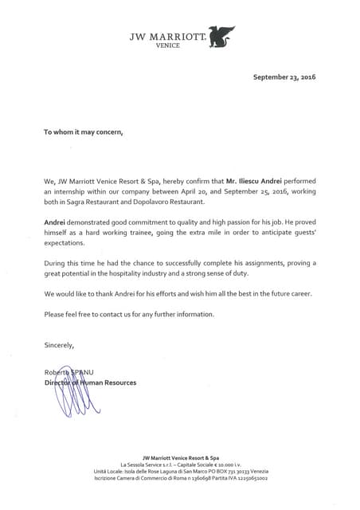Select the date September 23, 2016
tap(284, 77)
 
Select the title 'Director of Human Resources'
tap(90, 383)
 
